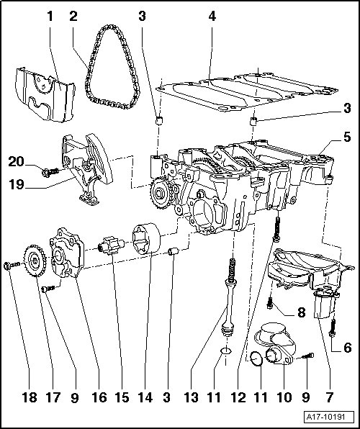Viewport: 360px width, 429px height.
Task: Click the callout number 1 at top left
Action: (50, 17)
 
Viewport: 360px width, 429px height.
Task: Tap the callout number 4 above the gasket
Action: (212, 17)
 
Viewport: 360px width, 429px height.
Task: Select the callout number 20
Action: (17, 161)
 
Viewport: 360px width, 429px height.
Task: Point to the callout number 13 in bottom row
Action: (191, 397)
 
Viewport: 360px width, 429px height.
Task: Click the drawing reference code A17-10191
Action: (325, 417)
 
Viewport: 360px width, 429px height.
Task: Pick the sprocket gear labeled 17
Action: (35, 261)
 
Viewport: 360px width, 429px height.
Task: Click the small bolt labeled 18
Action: (12, 265)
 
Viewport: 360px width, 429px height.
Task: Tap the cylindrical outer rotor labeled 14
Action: (146, 238)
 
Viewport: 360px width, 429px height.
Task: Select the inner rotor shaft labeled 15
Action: (112, 245)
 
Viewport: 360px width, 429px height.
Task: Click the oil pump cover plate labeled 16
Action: (66, 253)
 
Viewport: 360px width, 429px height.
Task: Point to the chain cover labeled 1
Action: (45, 94)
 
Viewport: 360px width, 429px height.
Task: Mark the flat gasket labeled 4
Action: (246, 91)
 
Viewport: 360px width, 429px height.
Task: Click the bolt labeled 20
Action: (50, 172)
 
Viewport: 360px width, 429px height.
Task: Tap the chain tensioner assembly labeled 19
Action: (87, 169)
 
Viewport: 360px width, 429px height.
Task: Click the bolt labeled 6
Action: (333, 328)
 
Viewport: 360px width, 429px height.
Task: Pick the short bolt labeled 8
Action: (270, 303)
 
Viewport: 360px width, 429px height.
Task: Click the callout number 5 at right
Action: (347, 137)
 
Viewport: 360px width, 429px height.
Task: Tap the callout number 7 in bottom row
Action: (329, 397)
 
